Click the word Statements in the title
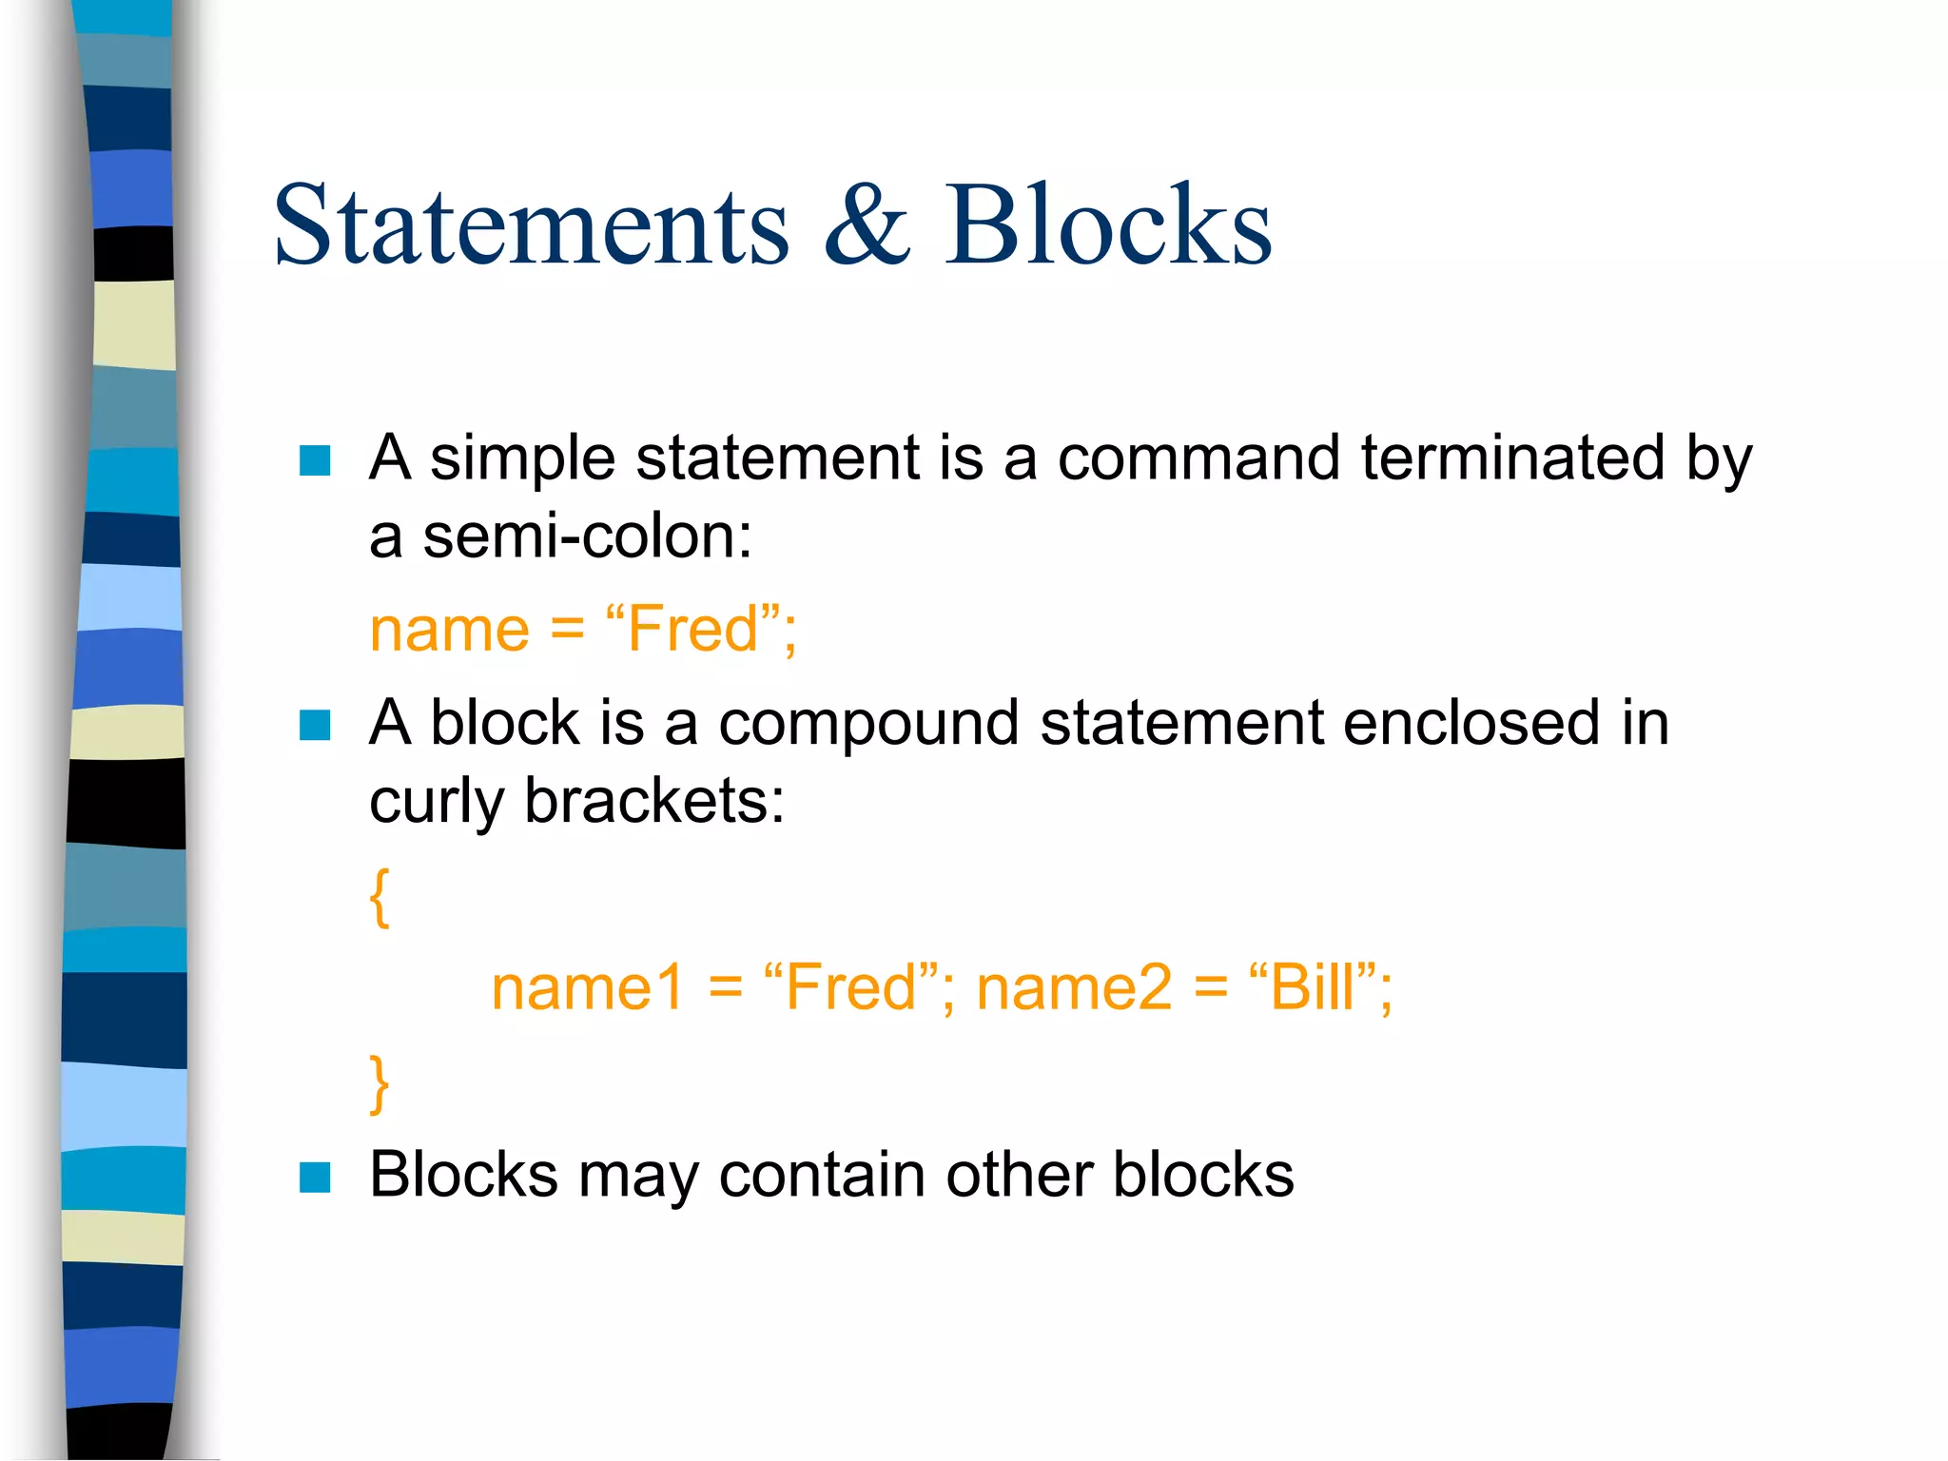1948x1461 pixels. tap(531, 225)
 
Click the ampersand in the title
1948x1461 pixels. tap(866, 225)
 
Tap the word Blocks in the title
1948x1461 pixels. tap(1107, 225)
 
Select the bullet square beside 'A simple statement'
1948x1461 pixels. tap(315, 460)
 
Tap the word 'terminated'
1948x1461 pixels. tap(1512, 458)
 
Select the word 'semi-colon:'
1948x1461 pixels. tap(587, 536)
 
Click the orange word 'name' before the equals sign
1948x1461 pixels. tap(449, 630)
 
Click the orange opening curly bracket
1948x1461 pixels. tap(380, 896)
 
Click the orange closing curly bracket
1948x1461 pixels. tap(380, 1082)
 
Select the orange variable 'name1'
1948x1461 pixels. tap(587, 987)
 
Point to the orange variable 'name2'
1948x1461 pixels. tap(1074, 987)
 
